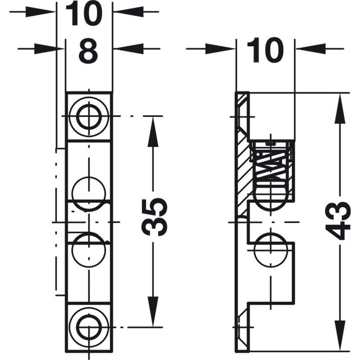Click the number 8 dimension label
coord(88,53)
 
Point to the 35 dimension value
coord(154,216)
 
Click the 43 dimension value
coord(338,220)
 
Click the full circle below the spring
coord(270,248)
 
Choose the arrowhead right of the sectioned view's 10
coord(310,48)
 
